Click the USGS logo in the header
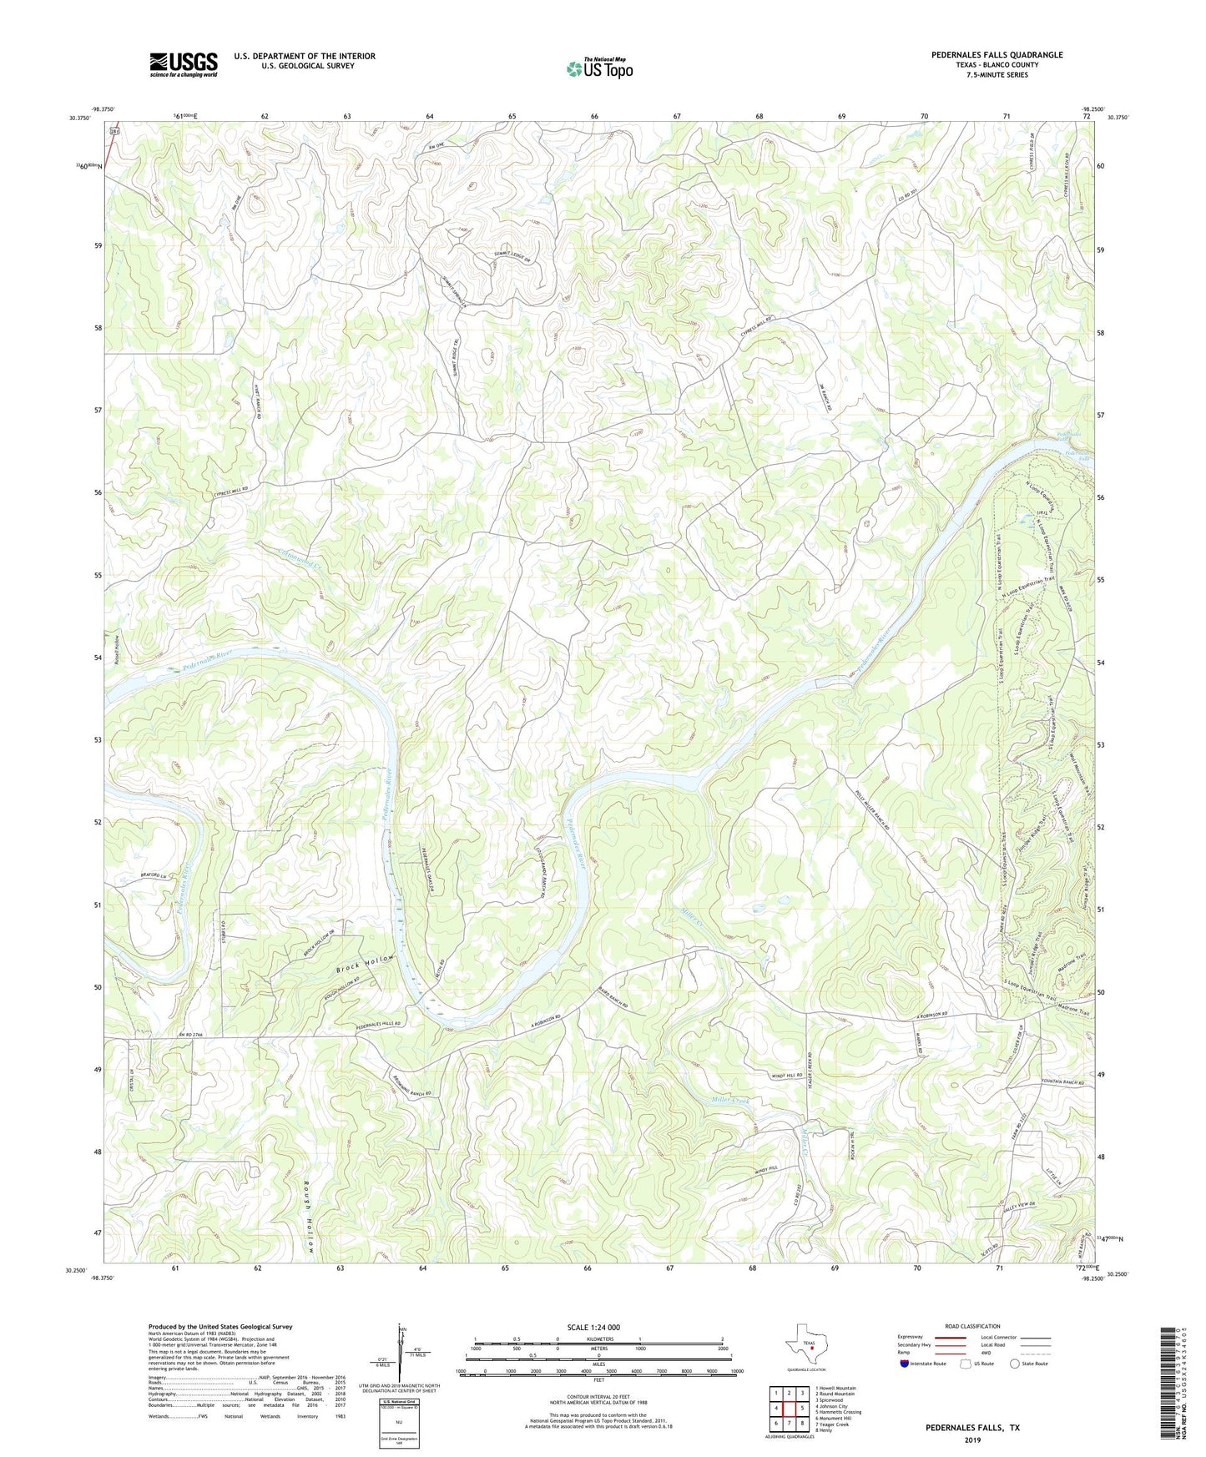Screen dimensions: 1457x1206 [184, 63]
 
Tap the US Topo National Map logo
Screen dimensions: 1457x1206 [599, 68]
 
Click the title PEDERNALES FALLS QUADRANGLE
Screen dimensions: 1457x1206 [997, 55]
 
